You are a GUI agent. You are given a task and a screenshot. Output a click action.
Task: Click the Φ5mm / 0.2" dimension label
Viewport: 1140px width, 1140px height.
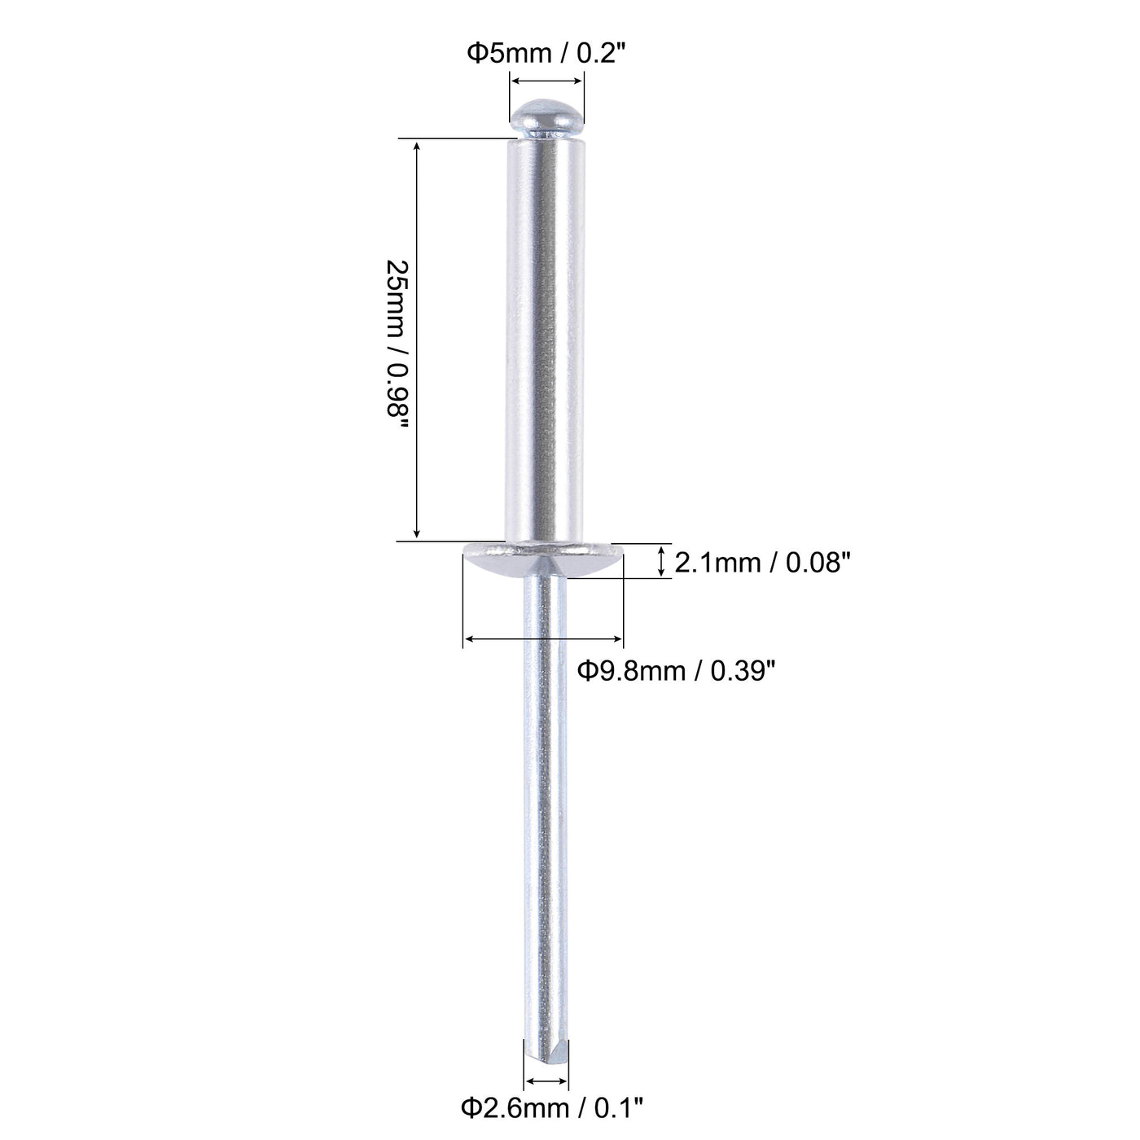point(546,54)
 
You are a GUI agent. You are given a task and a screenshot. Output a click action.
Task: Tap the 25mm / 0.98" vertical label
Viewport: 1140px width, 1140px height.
point(397,339)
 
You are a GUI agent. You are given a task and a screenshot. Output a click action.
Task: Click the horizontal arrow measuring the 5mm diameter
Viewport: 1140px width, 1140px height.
point(546,81)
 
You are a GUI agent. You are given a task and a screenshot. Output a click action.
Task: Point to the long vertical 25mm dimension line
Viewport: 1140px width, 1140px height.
point(417,339)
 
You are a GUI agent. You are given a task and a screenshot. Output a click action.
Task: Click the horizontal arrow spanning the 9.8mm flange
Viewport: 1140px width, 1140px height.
point(543,641)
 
